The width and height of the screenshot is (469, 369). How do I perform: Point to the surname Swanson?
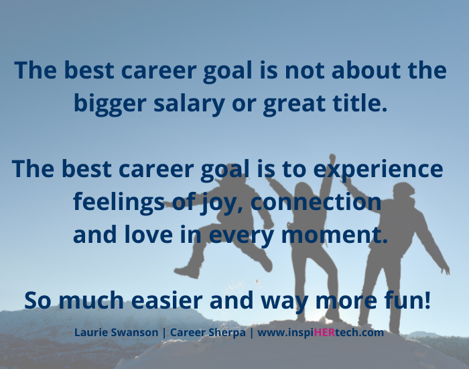[141, 332]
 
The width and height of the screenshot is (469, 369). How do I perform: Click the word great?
[299, 104]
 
